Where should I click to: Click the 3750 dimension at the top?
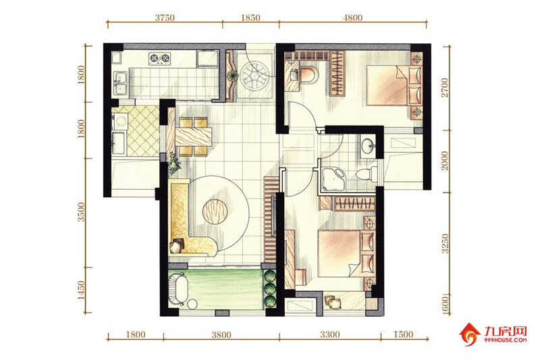(x=165, y=18)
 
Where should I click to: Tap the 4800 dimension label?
(x=352, y=18)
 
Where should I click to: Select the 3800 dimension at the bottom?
(x=221, y=334)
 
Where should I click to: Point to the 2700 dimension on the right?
(x=445, y=88)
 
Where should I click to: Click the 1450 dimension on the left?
(x=80, y=290)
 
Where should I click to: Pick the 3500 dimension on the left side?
(x=80, y=212)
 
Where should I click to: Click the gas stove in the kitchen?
(x=159, y=58)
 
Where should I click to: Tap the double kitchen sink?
(x=120, y=82)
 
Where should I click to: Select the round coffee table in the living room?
(x=215, y=211)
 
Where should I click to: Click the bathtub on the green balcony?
(x=178, y=289)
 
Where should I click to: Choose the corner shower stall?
(x=333, y=180)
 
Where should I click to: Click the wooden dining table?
(x=193, y=136)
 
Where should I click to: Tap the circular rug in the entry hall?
(x=255, y=77)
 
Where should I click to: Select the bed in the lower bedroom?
(x=346, y=253)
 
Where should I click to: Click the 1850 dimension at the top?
(x=250, y=18)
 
